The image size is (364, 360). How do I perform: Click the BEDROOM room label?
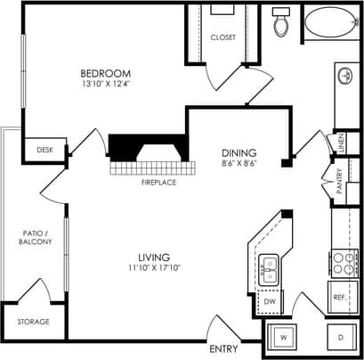[105, 73]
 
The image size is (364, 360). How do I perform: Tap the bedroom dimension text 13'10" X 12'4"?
[105, 85]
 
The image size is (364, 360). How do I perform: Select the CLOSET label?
[222, 37]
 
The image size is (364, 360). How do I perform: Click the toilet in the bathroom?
[282, 24]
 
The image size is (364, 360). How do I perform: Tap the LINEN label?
[341, 142]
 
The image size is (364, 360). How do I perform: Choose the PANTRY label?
[340, 182]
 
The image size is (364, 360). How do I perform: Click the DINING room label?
[239, 152]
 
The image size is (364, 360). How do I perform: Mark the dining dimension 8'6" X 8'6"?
[239, 164]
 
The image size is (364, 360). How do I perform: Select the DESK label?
[44, 151]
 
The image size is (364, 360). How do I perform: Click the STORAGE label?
[34, 321]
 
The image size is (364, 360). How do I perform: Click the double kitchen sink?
[270, 268]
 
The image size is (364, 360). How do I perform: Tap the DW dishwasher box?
[270, 302]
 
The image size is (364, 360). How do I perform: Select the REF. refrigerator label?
[339, 298]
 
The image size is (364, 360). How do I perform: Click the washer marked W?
[283, 339]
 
